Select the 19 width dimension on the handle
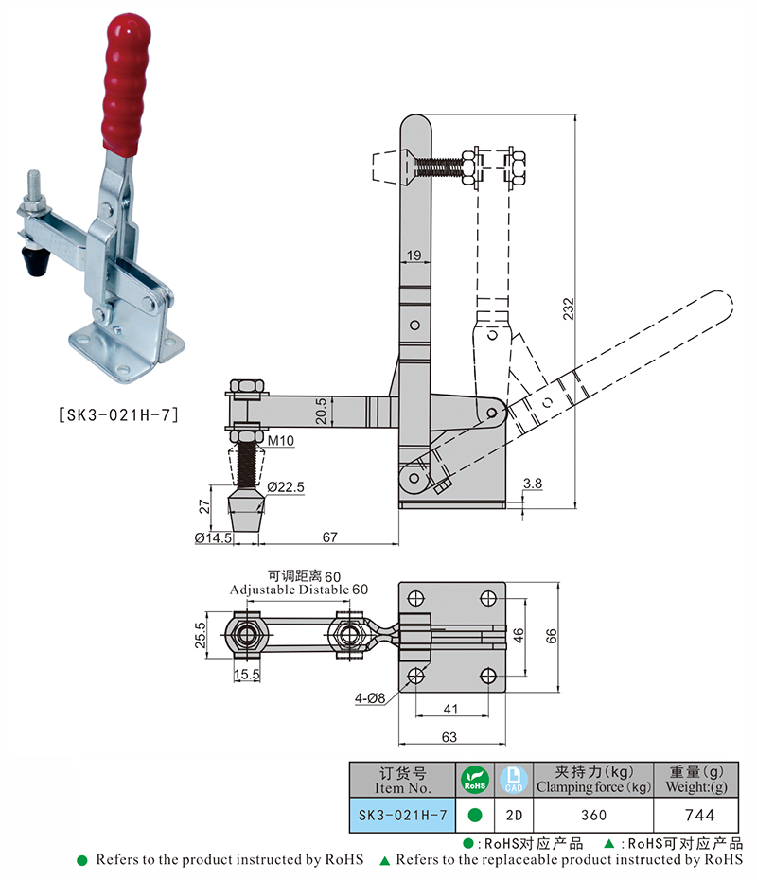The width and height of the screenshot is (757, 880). pyautogui.click(x=414, y=255)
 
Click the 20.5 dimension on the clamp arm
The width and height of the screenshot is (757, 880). pyautogui.click(x=323, y=410)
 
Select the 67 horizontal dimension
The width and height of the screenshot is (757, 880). pyautogui.click(x=329, y=537)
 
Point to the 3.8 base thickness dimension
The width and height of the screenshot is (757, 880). pyautogui.click(x=533, y=483)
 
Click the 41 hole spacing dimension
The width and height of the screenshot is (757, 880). pyautogui.click(x=451, y=709)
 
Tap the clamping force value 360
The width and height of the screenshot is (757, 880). pyautogui.click(x=593, y=814)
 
